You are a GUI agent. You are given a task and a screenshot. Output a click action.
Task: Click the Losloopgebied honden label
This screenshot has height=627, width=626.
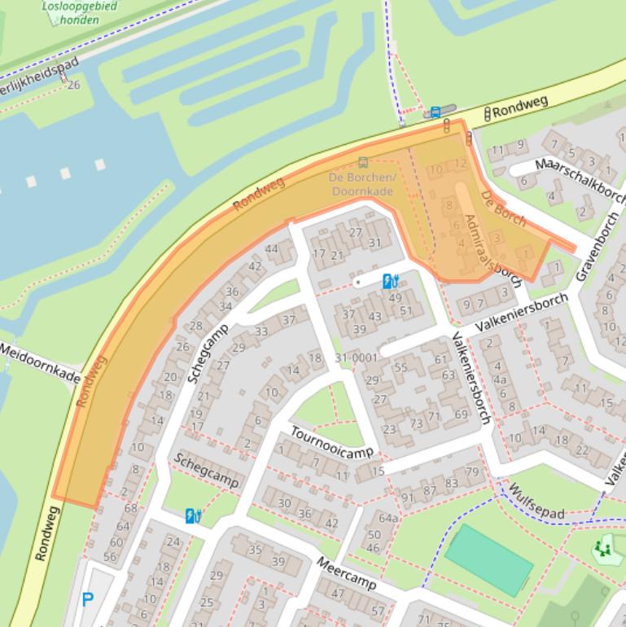click(x=79, y=13)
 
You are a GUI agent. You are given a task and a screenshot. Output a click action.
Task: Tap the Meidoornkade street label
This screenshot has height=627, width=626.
click(x=41, y=363)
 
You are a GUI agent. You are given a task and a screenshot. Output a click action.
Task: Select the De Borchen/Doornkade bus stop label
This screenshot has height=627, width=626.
click(x=362, y=184)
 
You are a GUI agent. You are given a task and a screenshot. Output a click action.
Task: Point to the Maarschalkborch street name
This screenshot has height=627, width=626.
click(x=580, y=178)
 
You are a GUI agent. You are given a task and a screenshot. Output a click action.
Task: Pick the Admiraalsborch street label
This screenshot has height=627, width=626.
click(x=481, y=245)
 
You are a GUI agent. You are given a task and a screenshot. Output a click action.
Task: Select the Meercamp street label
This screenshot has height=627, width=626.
click(x=346, y=574)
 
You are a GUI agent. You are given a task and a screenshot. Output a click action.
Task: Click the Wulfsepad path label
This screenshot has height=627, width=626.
click(x=536, y=502)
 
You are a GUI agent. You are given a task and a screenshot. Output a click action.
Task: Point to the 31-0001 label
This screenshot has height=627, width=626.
click(x=356, y=357)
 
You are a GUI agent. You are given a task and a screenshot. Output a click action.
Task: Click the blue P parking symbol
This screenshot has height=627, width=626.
click(x=87, y=601)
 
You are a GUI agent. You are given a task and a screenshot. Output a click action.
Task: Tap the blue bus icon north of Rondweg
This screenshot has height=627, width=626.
click(x=436, y=112)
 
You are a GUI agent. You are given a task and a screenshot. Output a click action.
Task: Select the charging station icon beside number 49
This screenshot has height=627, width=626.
click(x=390, y=282)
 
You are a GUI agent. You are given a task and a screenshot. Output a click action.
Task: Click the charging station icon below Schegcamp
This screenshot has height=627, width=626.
click(x=193, y=515)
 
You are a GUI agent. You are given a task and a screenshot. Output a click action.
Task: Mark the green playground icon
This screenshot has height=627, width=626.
click(x=602, y=549)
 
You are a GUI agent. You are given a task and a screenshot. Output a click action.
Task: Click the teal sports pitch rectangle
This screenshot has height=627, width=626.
click(x=489, y=559)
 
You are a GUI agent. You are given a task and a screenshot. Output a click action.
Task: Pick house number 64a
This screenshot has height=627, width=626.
click(x=388, y=518)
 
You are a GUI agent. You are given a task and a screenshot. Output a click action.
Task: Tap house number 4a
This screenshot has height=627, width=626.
click(x=501, y=379)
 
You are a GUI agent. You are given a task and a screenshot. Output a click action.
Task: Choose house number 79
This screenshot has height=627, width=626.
click(x=472, y=472)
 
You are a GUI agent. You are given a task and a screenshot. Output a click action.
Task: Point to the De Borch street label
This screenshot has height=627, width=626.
click(x=502, y=208)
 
